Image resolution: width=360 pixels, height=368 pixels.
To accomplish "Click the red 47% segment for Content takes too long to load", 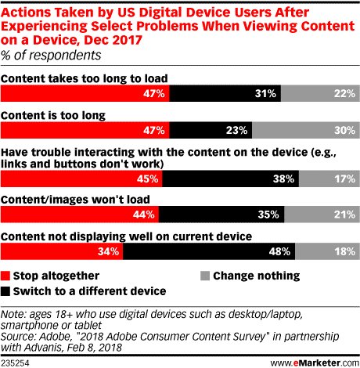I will pyautogui.click(x=85, y=94).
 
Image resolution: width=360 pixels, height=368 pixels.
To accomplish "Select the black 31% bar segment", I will pyautogui.click(x=225, y=94).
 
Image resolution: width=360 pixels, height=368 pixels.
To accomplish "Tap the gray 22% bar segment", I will pyautogui.click(x=319, y=94).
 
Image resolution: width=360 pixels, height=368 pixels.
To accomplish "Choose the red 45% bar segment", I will pyautogui.click(x=81, y=178).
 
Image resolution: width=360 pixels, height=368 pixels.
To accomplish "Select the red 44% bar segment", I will pyautogui.click(x=80, y=215).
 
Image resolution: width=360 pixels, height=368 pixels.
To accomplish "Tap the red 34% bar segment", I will pyautogui.click(x=62, y=251).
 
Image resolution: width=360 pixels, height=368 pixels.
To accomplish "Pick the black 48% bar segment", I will pyautogui.click(x=208, y=251).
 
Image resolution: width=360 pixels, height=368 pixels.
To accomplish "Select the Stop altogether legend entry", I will pyautogui.click(x=47, y=275).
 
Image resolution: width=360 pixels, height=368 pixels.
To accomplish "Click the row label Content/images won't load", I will pyautogui.click(x=63, y=199).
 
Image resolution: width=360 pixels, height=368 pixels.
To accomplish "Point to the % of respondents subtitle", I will pyautogui.click(x=51, y=55).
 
